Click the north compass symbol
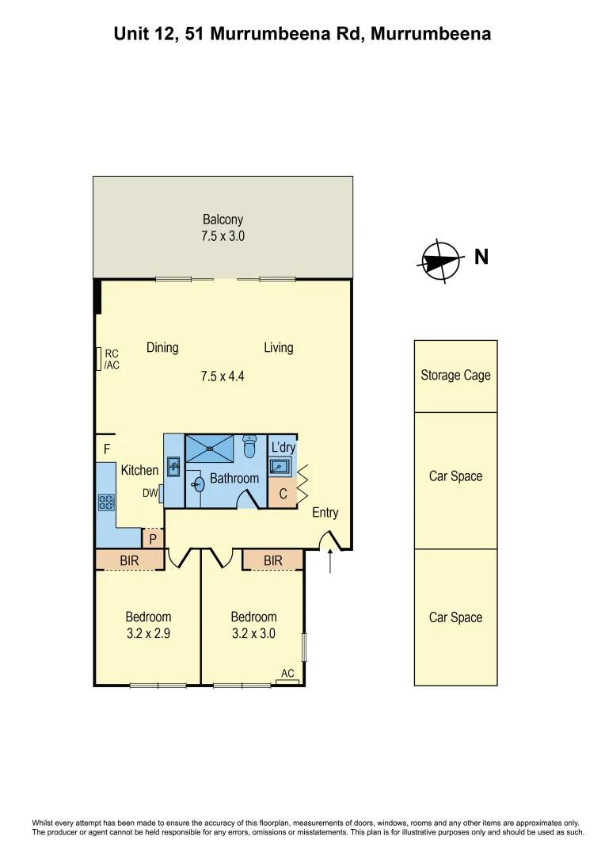[441, 261]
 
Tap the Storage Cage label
[455, 375]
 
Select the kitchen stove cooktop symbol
[105, 502]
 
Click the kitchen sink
[173, 467]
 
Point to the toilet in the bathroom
[250, 449]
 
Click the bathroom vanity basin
[198, 483]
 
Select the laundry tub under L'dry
[280, 467]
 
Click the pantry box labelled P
[153, 539]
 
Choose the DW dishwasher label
[150, 493]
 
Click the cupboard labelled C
[282, 494]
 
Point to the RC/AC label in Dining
[112, 360]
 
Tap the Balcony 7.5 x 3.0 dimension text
[223, 235]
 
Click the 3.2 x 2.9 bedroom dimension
[148, 633]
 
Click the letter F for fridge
[106, 449]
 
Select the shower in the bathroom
[210, 448]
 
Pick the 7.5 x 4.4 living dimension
[223, 376]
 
